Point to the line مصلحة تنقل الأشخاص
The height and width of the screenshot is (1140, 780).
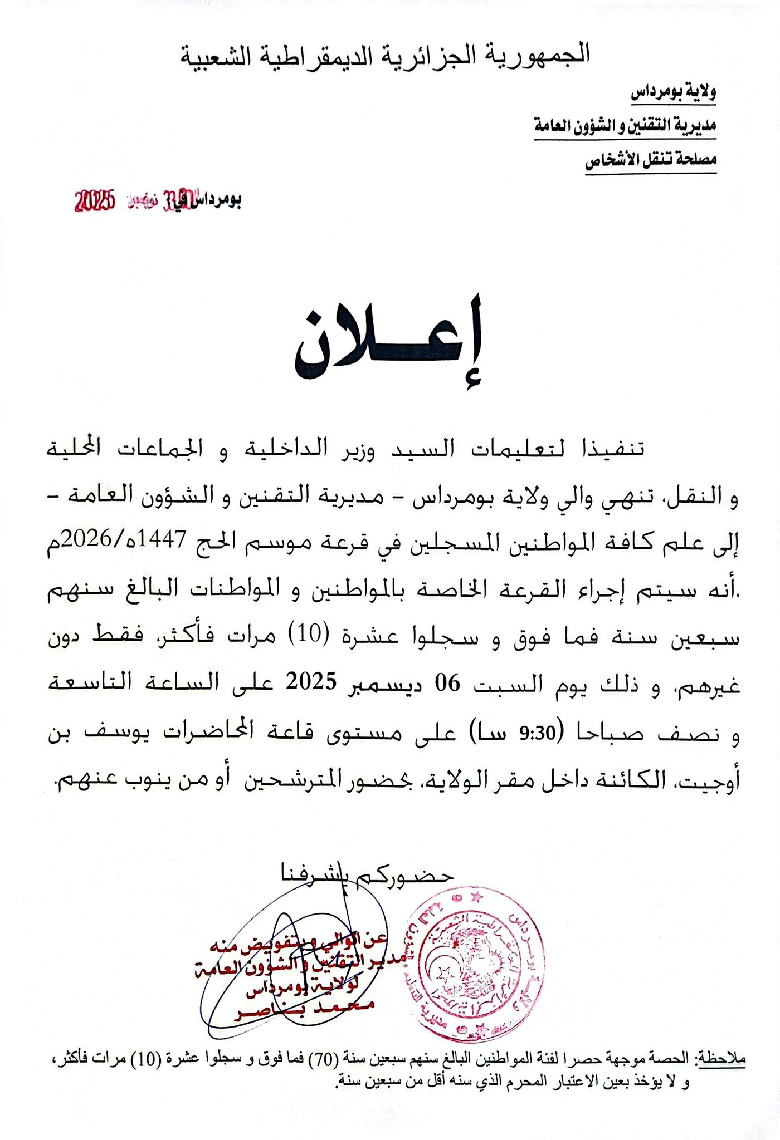[650, 161]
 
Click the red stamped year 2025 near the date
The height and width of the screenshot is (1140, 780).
[94, 201]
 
